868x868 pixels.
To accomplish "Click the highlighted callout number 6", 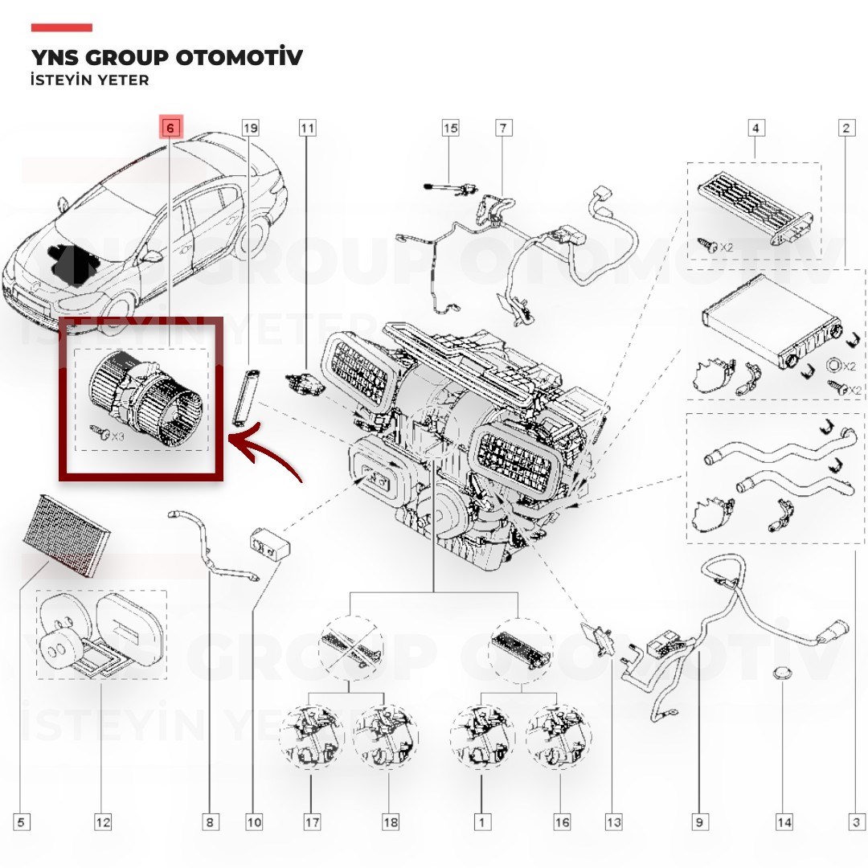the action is coord(170,128).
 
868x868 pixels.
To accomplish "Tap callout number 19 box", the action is coord(251,128).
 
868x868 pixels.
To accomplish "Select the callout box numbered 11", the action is coord(307,128).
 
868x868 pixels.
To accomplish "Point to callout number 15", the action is coord(451,128).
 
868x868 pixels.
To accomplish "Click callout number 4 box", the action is coord(756,128).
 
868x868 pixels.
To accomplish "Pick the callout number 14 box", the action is coord(785,822).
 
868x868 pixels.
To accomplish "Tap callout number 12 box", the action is coord(103,822).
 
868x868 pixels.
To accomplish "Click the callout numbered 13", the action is coord(613,822).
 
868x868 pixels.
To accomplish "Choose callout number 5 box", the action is coord(21,822).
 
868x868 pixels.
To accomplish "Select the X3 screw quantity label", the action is coord(117,436).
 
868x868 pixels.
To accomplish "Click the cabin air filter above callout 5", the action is coord(67,534).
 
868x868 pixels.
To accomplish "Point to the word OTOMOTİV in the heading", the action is coord(240,57).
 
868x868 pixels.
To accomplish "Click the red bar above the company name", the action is coord(61,27).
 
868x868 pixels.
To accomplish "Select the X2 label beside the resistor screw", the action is coord(727,248).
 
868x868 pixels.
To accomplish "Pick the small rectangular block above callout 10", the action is coord(272,543).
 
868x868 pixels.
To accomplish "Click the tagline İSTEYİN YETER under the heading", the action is coord(90,80).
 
